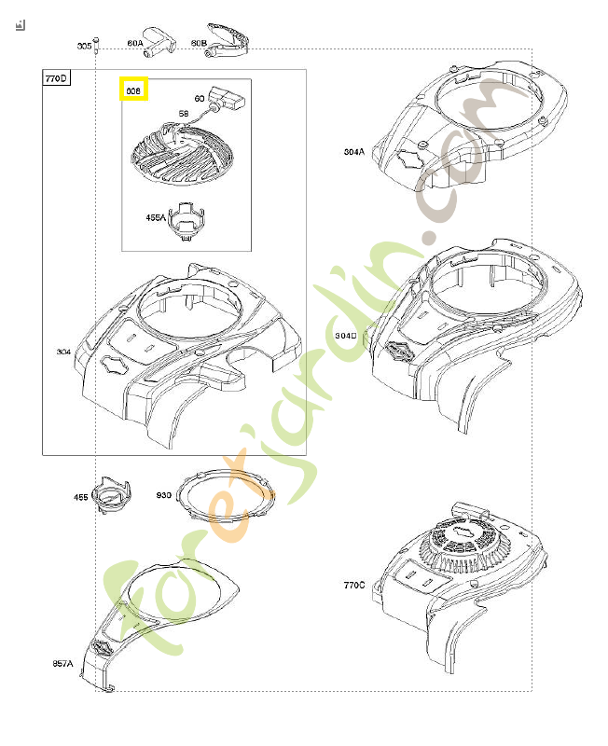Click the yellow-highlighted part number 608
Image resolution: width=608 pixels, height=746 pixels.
[133, 90]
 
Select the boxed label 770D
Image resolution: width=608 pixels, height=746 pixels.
[56, 79]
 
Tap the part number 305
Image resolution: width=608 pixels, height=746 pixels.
[84, 45]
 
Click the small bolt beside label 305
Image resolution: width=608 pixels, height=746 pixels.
[98, 46]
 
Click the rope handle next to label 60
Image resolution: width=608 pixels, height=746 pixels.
[228, 99]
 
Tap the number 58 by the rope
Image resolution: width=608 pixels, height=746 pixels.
[184, 114]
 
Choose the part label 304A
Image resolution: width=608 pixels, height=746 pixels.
[353, 151]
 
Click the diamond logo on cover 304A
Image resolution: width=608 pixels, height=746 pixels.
[408, 159]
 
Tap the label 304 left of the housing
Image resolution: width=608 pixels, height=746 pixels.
[63, 352]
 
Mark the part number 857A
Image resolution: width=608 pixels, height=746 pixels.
[62, 664]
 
